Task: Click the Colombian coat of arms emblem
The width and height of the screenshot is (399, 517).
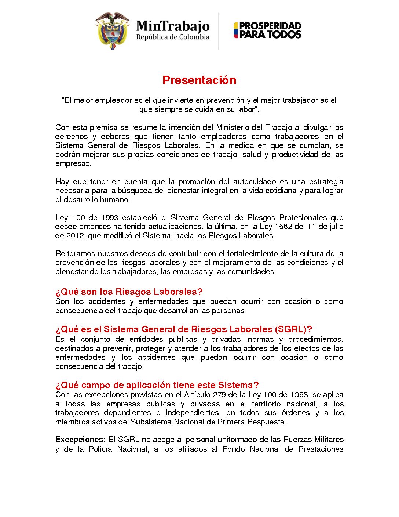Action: (112, 31)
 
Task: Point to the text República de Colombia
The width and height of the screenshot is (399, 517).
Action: (173, 37)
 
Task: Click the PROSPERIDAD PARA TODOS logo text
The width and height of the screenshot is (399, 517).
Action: (270, 30)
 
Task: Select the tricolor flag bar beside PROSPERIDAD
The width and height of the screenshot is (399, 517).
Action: (236, 30)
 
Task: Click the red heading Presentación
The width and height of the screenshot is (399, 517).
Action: (199, 80)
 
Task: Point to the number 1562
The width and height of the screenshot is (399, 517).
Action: (283, 227)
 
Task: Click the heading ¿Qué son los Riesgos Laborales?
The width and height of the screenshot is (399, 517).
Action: (129, 292)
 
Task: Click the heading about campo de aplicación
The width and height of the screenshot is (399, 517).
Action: (157, 385)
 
